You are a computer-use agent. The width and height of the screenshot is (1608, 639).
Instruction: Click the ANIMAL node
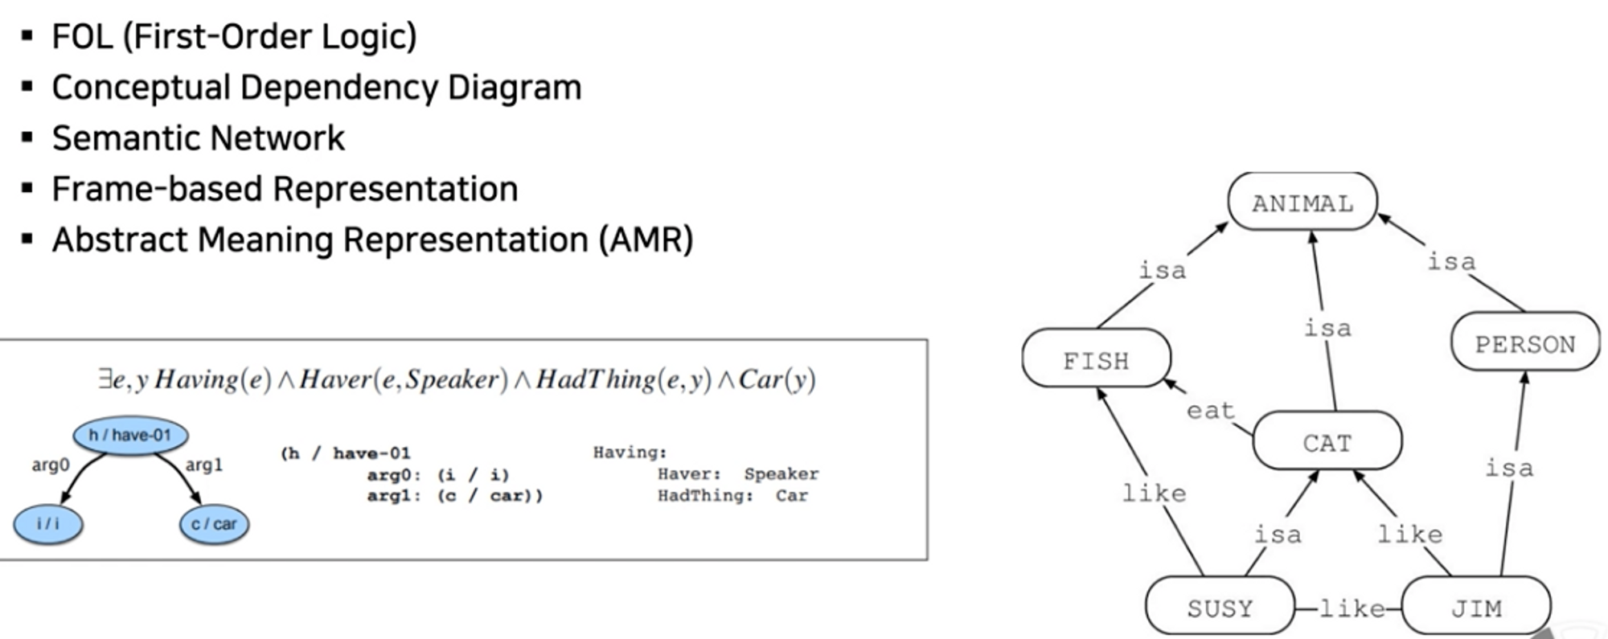1302,203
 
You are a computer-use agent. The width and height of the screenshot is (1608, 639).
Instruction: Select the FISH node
1096,359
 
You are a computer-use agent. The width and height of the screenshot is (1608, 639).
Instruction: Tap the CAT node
1327,441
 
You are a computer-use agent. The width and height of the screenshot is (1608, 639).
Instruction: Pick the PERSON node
1524,343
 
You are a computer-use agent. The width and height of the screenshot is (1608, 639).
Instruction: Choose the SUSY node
1220,608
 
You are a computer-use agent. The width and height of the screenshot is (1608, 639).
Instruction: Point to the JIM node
1476,608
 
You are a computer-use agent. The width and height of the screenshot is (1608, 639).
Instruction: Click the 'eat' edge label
1210,410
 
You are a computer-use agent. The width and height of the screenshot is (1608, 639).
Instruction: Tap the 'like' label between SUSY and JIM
1352,608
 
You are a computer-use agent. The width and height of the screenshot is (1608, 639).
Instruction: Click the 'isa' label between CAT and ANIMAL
1327,327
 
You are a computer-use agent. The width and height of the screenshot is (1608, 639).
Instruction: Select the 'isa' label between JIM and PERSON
1509,467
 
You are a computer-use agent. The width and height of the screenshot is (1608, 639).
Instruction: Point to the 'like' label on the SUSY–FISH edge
1154,492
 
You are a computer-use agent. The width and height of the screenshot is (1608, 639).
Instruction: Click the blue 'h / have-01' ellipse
130,436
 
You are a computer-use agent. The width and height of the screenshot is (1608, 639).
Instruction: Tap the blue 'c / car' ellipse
214,524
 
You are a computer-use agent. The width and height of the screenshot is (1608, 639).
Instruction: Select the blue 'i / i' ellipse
47,524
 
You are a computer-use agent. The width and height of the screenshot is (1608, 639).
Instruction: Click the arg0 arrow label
51,465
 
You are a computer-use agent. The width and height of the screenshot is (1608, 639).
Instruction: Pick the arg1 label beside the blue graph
203,465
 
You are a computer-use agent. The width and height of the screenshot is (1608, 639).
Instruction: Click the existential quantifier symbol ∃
105,379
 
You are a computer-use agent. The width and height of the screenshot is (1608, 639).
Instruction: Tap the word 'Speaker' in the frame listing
781,474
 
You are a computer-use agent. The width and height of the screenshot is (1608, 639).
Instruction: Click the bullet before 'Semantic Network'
27,137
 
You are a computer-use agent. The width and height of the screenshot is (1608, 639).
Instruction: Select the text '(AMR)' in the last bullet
645,240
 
